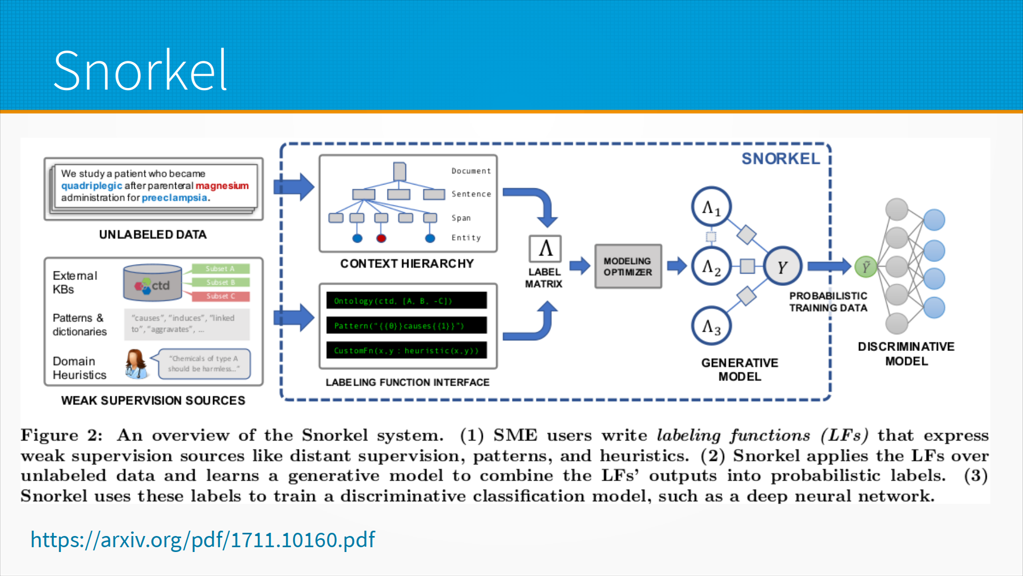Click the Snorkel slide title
(140, 70)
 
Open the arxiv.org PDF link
(202, 540)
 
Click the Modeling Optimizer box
(628, 267)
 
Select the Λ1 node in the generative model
(711, 207)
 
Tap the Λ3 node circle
(711, 326)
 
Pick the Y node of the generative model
(782, 266)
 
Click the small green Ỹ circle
(865, 266)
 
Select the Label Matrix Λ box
(545, 249)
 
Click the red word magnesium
(222, 186)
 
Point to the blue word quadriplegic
(92, 186)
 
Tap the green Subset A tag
(220, 269)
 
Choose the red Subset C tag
(220, 296)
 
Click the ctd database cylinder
(153, 283)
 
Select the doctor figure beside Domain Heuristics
(136, 364)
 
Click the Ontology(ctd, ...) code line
(406, 301)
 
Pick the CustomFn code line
(406, 350)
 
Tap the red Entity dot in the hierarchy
(381, 238)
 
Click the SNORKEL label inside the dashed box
(781, 159)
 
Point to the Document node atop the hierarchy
(399, 171)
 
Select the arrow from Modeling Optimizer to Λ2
(677, 266)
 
